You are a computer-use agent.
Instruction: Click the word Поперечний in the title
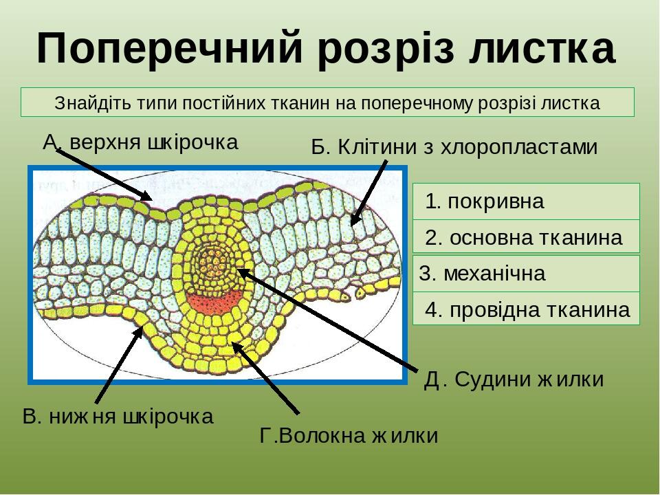[x=169, y=47]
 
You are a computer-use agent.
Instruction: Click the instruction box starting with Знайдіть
[x=327, y=102]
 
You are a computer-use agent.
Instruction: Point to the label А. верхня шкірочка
[x=140, y=142]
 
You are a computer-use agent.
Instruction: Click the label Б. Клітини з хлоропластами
[x=454, y=147]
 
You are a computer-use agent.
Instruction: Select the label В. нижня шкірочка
[x=118, y=417]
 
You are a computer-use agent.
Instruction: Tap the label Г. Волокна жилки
[x=349, y=435]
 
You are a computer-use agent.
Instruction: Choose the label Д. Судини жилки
[x=514, y=379]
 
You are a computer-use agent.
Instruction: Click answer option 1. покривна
[x=526, y=201]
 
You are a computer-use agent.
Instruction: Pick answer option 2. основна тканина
[x=526, y=236]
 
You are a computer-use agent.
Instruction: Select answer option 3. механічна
[x=526, y=274]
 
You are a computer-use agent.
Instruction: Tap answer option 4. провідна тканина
[x=526, y=309]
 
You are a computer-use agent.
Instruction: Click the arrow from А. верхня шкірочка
[x=104, y=175]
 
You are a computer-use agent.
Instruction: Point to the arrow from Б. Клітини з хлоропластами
[x=368, y=192]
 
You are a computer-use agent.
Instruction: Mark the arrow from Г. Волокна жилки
[x=265, y=378]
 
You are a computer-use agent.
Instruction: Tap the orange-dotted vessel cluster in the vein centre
[x=214, y=265]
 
